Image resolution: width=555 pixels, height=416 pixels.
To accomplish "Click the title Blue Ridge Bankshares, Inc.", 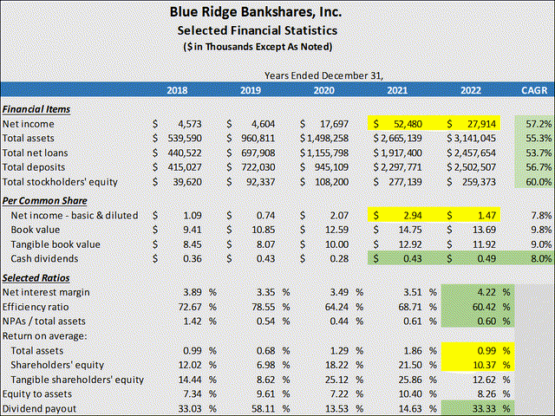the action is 256,12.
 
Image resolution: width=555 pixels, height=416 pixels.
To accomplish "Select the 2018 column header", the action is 177,90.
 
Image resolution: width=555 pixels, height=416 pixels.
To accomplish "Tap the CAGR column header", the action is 534,90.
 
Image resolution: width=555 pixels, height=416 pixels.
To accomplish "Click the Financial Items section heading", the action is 36,109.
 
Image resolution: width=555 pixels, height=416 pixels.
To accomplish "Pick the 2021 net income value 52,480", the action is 408,124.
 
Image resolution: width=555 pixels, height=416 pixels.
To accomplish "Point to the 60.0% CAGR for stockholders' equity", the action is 539,182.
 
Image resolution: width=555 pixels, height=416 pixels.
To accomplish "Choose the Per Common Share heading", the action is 44,201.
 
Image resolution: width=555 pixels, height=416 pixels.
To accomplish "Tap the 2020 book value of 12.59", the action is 336,230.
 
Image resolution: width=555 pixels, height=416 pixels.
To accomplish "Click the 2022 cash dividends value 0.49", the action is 486,258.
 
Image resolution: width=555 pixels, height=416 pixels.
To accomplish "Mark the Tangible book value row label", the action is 55,244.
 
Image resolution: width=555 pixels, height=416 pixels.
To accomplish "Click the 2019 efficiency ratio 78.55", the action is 264,307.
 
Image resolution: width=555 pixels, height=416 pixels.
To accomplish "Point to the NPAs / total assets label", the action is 44,322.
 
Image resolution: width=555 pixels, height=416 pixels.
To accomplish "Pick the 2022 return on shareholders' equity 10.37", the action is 484,365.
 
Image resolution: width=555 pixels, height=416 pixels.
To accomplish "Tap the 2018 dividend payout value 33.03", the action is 190,408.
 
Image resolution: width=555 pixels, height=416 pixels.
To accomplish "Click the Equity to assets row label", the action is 36,394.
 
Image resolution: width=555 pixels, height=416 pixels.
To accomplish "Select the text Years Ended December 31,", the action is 323,75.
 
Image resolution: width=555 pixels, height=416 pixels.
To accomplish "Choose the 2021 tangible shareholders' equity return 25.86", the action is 410,380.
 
